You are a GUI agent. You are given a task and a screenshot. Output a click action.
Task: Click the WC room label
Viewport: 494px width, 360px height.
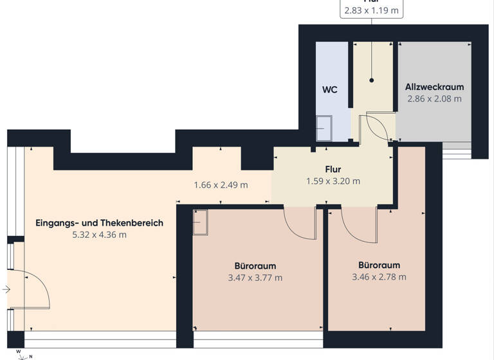329,90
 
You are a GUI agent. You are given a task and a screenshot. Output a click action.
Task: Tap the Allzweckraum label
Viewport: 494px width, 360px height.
434,87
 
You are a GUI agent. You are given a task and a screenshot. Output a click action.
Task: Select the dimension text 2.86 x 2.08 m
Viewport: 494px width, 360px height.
434,99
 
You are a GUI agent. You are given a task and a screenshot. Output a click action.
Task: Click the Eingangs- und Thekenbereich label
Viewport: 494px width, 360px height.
99,223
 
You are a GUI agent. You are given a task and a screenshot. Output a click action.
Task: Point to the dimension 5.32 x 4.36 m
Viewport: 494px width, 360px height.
99,235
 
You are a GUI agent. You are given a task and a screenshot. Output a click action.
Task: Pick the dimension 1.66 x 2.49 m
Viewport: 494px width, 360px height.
221,185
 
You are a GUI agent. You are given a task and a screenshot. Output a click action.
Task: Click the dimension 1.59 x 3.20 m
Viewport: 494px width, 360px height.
333,181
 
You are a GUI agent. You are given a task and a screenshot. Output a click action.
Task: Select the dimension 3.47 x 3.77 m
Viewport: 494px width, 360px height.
255,278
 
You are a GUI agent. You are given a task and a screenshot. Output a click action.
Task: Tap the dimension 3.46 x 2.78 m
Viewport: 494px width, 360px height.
379,277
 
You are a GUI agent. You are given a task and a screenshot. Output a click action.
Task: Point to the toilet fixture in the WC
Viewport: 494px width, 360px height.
324,127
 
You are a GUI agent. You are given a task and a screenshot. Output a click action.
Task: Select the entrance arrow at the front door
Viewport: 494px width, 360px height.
6,290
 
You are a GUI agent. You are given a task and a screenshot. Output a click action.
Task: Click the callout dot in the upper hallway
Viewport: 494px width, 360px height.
372,80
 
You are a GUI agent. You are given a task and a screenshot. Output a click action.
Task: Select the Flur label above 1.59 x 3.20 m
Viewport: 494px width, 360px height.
333,169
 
